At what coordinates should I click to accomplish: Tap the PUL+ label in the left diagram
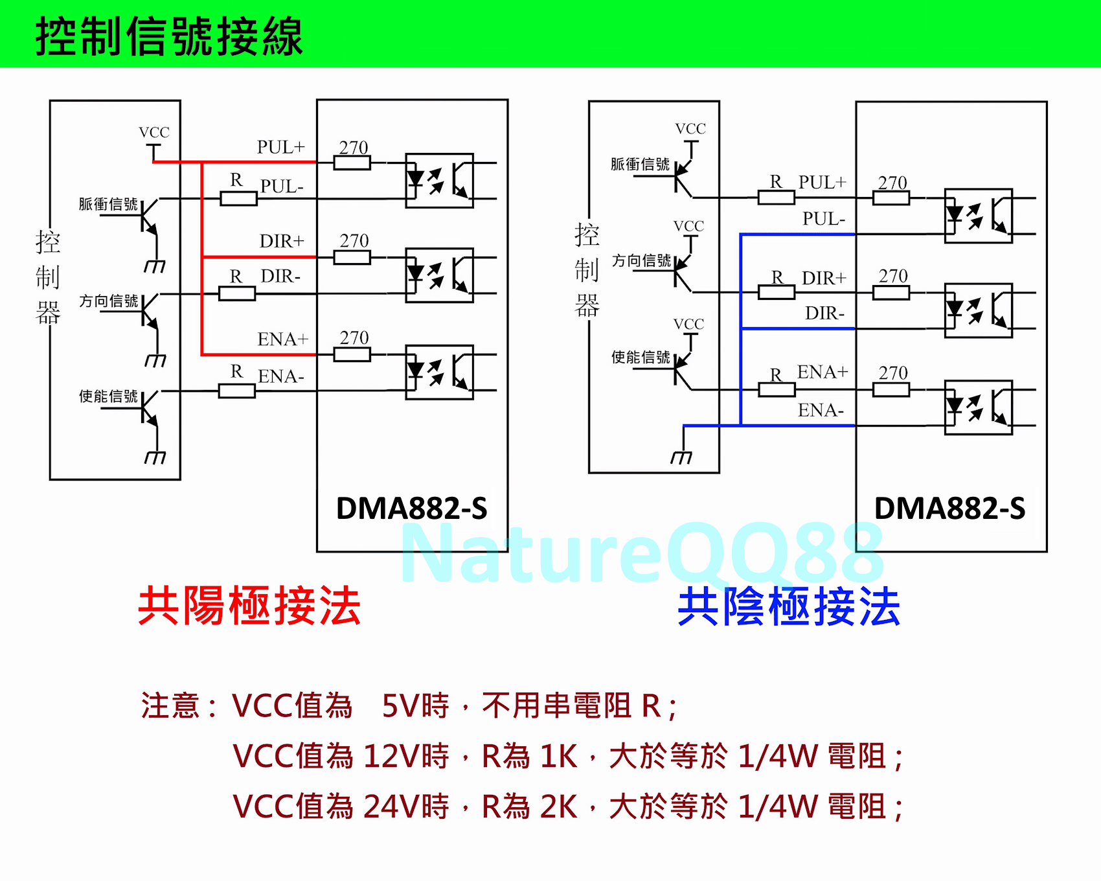point(280,147)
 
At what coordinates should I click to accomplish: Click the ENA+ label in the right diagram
point(822,372)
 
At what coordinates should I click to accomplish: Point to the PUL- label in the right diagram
point(823,219)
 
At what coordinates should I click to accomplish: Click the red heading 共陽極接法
point(249,606)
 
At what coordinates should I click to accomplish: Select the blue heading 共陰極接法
point(789,607)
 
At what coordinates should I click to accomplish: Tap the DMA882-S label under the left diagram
point(411,509)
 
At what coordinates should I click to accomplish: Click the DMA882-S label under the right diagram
point(949,509)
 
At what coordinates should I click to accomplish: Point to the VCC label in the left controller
point(154,132)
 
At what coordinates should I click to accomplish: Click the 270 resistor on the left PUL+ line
point(352,163)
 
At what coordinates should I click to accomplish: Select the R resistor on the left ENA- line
point(237,391)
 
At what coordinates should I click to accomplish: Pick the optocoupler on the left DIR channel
point(439,275)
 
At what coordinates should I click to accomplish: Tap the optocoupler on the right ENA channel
point(978,407)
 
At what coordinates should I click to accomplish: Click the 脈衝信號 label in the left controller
point(108,204)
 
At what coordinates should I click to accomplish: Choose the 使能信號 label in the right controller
point(641,357)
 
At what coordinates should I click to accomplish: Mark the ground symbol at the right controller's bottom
point(681,457)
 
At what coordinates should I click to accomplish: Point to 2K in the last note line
point(558,807)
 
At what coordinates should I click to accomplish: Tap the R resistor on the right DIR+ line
point(776,292)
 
